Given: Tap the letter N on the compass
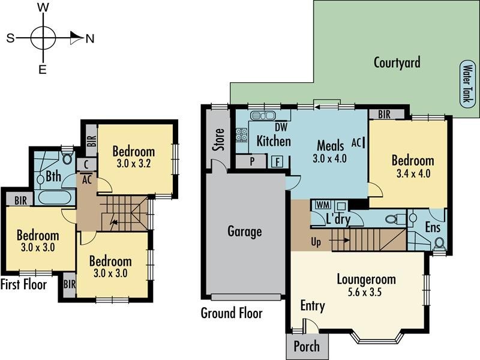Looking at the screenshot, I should tap(90, 38).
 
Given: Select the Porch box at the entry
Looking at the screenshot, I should tap(306, 346).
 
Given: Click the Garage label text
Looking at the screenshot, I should tap(245, 231).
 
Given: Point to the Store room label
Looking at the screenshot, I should tap(219, 139).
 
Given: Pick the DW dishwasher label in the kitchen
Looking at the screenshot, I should tap(281, 127).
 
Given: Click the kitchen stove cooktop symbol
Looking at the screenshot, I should tap(242, 134).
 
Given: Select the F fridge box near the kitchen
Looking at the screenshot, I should tap(277, 161).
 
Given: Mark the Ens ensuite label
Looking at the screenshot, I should tap(432, 227).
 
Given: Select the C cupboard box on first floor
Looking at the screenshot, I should tap(86, 164).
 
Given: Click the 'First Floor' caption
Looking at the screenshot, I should tap(24, 284).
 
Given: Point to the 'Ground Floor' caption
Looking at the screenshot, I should tap(232, 313).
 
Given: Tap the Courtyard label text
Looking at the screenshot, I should tap(397, 62).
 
